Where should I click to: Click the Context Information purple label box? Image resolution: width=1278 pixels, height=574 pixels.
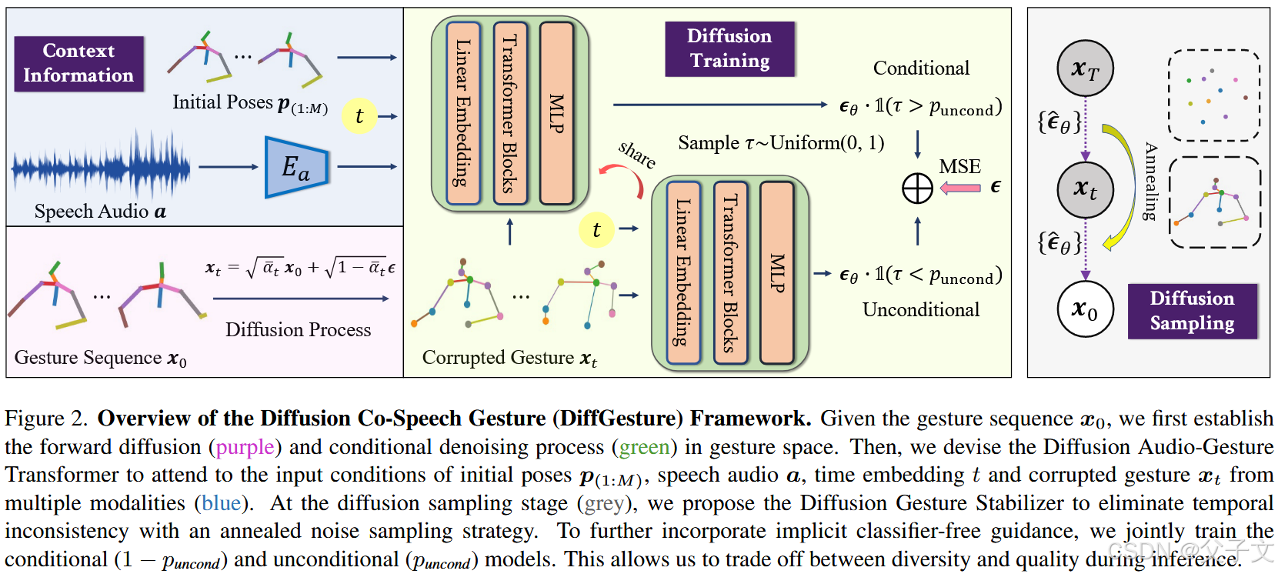coord(78,63)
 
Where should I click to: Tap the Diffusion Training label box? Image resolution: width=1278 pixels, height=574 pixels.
coord(729,48)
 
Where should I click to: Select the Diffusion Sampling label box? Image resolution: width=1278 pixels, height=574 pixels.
coord(1192,311)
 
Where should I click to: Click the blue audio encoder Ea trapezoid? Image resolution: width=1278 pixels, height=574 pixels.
coord(296,167)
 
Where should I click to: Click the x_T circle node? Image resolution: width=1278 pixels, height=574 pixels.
coord(1085,69)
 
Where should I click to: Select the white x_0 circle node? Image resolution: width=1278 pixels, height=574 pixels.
coord(1085,309)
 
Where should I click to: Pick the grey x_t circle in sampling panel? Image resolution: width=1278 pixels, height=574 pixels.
coord(1085,189)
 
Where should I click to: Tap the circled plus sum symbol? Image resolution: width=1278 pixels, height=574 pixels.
coord(917,189)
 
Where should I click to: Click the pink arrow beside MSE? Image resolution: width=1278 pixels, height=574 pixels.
coord(960,188)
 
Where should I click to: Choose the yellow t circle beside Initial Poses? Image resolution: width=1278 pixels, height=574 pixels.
coord(359,116)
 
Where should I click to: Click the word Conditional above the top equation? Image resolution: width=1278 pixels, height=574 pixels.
coord(921,68)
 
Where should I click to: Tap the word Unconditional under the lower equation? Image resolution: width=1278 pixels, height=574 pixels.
coord(920,310)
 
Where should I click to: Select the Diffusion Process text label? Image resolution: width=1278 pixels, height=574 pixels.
coord(298,330)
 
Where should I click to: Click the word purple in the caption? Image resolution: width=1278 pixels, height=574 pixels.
coord(245,447)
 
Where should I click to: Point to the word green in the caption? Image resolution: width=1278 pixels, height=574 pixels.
coord(644,447)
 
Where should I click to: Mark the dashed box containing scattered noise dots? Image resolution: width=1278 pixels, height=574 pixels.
coord(1213,95)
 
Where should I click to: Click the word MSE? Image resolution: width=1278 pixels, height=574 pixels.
coord(959,167)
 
